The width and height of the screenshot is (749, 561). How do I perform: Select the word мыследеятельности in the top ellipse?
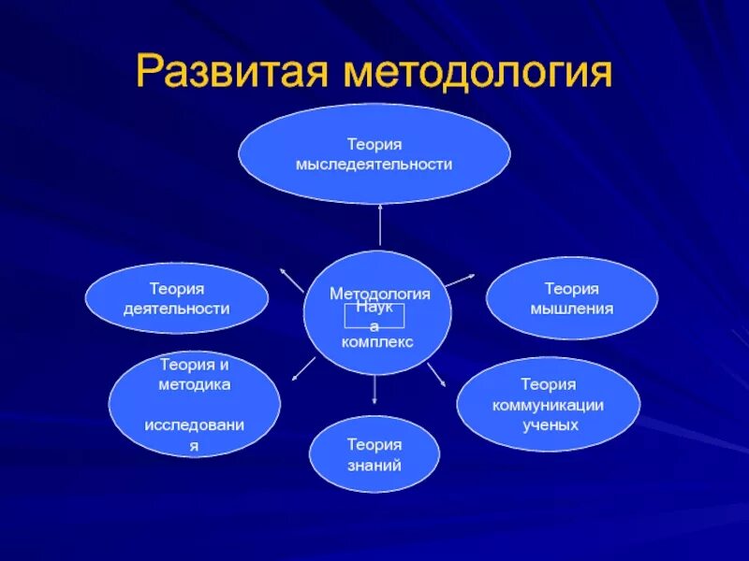[374, 164]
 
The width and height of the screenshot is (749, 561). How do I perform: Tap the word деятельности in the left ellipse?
[176, 309]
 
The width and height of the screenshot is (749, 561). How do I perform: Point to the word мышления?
[572, 309]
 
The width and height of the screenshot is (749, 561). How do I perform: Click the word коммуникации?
[549, 405]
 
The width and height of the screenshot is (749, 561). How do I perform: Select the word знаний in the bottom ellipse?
[374, 465]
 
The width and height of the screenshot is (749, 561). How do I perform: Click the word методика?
[194, 384]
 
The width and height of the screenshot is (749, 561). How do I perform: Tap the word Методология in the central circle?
[379, 294]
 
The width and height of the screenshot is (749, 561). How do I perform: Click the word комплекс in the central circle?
[377, 342]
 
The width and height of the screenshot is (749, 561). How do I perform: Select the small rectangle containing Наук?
[374, 316]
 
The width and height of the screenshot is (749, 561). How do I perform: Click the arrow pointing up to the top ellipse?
[380, 224]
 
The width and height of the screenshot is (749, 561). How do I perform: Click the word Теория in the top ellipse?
[374, 144]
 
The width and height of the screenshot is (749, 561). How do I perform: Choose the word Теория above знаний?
[374, 445]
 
